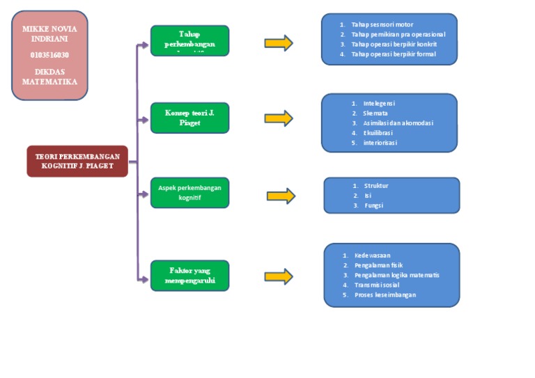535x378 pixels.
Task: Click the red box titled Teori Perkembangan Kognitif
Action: point(77,161)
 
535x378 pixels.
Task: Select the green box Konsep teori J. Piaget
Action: point(189,118)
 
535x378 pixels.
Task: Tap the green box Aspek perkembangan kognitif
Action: point(189,193)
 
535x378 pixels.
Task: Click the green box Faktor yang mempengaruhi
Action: point(189,275)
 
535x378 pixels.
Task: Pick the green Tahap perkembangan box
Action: point(189,40)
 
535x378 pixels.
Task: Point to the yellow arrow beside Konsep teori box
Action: point(279,118)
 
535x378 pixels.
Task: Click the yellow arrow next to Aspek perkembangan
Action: point(281,196)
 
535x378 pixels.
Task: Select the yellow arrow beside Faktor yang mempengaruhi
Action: point(279,276)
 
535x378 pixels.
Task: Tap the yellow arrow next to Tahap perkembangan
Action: point(279,43)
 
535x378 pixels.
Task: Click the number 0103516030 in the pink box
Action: point(49,55)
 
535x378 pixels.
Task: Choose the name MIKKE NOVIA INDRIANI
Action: point(49,34)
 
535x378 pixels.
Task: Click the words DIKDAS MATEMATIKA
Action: point(49,77)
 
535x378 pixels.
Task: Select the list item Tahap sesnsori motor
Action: point(382,24)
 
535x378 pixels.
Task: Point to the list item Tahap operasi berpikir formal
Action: point(393,54)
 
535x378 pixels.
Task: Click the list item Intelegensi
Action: point(378,103)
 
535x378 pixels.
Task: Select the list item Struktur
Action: point(375,186)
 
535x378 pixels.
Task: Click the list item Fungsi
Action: point(373,205)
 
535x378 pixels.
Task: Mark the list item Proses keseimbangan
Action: point(385,294)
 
